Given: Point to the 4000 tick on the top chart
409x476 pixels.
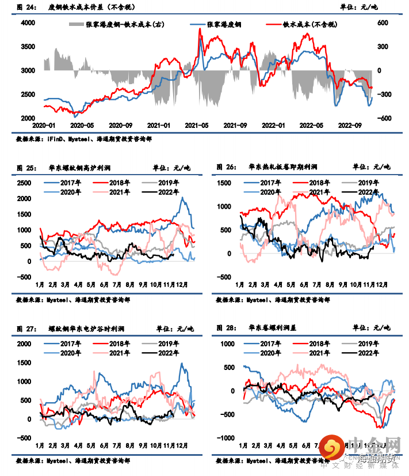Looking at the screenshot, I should coord(28,23).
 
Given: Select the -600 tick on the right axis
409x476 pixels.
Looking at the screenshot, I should coord(384,118).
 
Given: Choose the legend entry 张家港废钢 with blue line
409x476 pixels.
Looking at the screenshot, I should coord(224,25).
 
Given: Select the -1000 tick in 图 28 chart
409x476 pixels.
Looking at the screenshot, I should coord(225,438).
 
